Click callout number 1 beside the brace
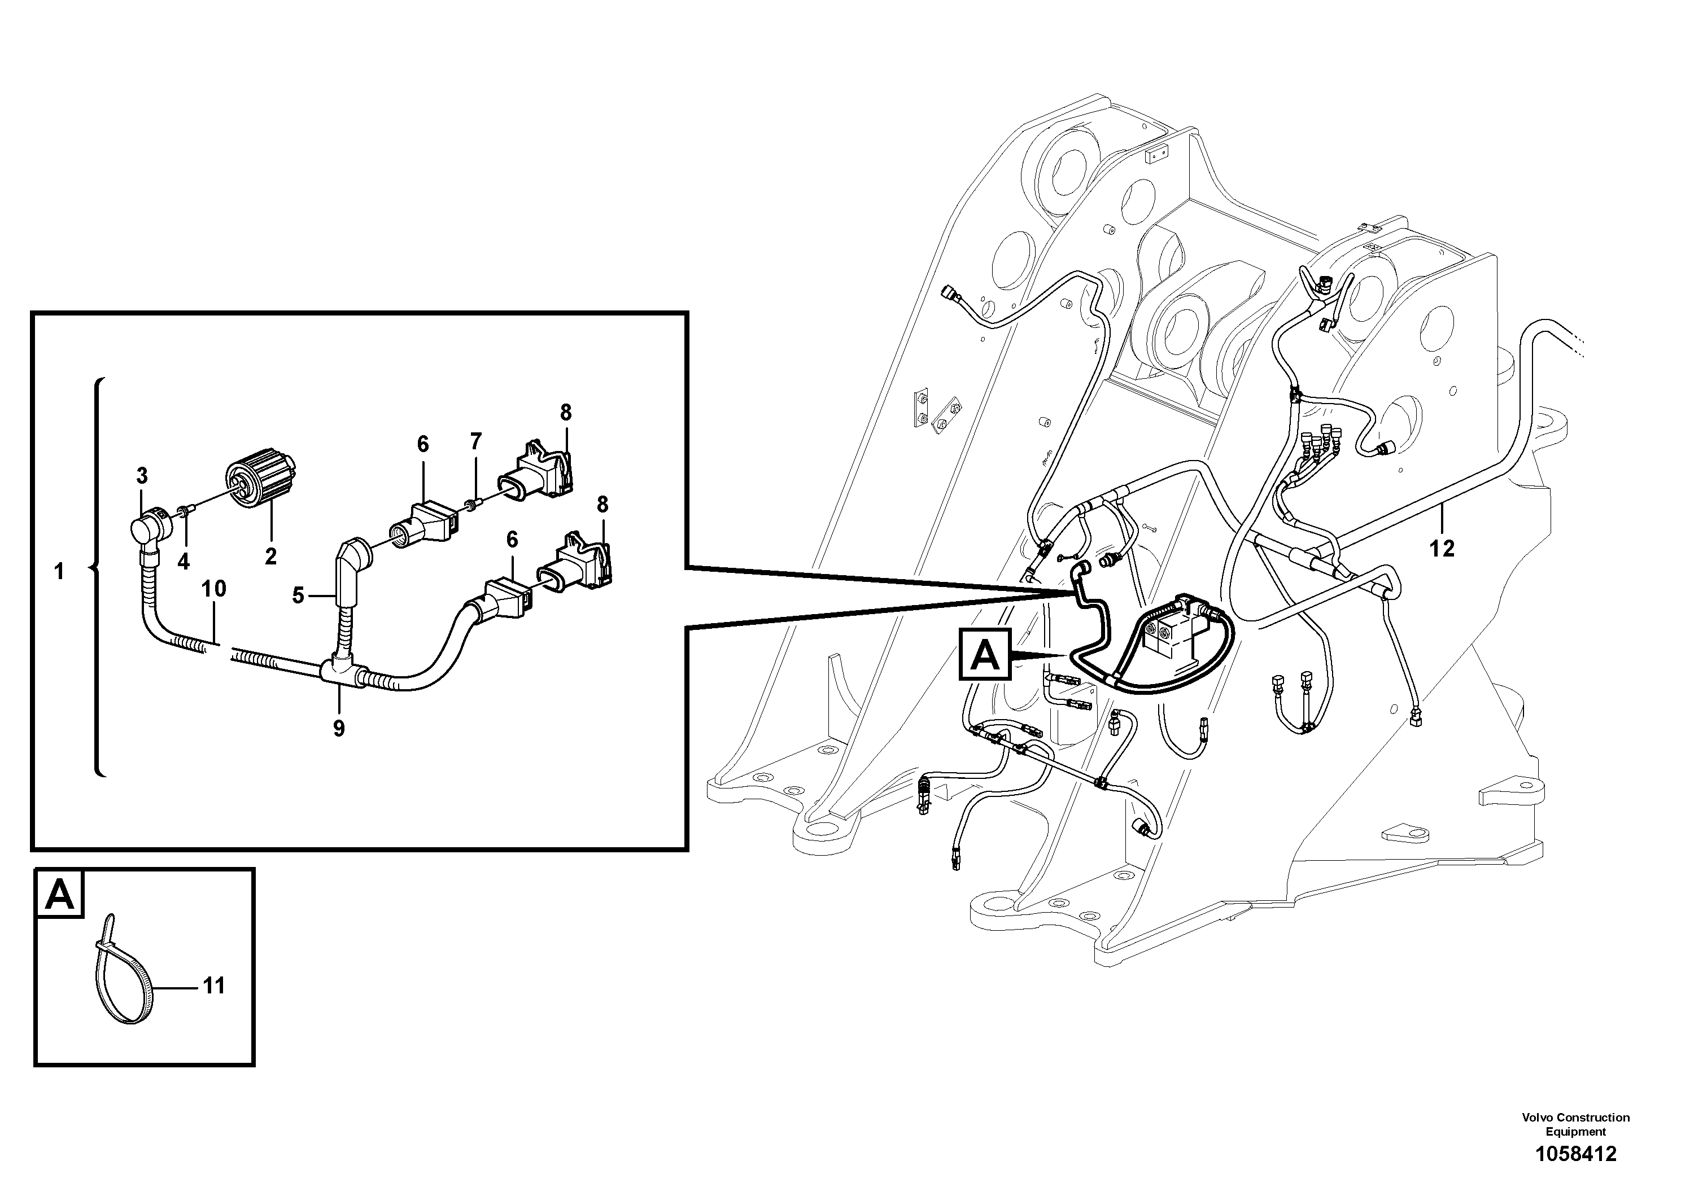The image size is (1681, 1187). click(x=59, y=572)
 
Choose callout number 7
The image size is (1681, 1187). click(x=476, y=441)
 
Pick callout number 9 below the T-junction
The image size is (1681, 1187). click(x=338, y=728)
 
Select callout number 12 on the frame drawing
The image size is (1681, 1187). click(x=1442, y=548)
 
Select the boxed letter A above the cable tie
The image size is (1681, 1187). click(x=60, y=894)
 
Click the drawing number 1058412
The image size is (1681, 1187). click(x=1575, y=1155)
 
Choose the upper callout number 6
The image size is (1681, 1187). click(x=423, y=444)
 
